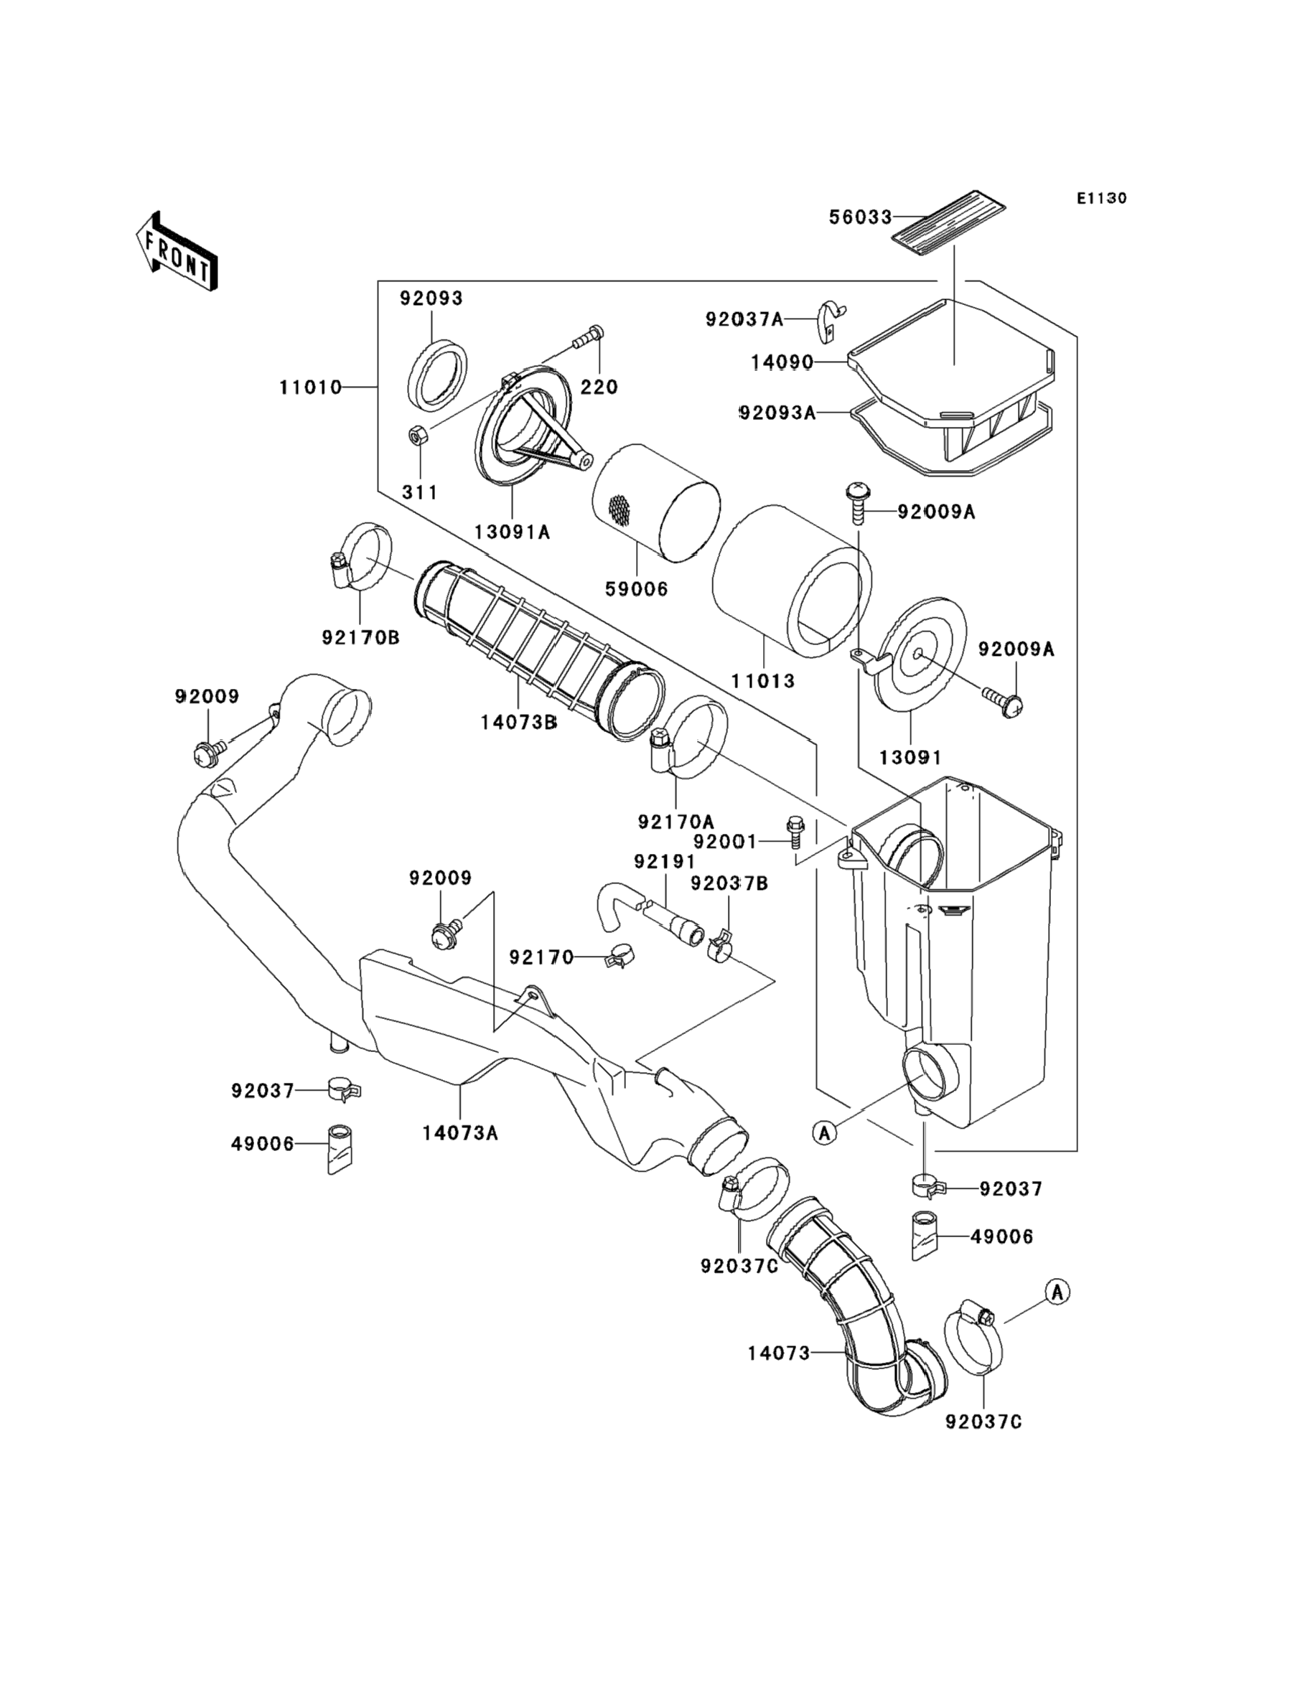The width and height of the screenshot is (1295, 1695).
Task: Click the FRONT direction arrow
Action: point(176,252)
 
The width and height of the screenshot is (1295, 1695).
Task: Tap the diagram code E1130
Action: point(1101,198)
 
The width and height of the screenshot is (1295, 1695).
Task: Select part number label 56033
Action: point(860,217)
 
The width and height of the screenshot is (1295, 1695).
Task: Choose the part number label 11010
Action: point(311,387)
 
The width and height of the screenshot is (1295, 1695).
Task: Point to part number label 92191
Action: point(665,860)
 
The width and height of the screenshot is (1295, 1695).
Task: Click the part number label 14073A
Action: point(460,1132)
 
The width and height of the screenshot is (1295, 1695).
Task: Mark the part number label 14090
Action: point(782,362)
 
